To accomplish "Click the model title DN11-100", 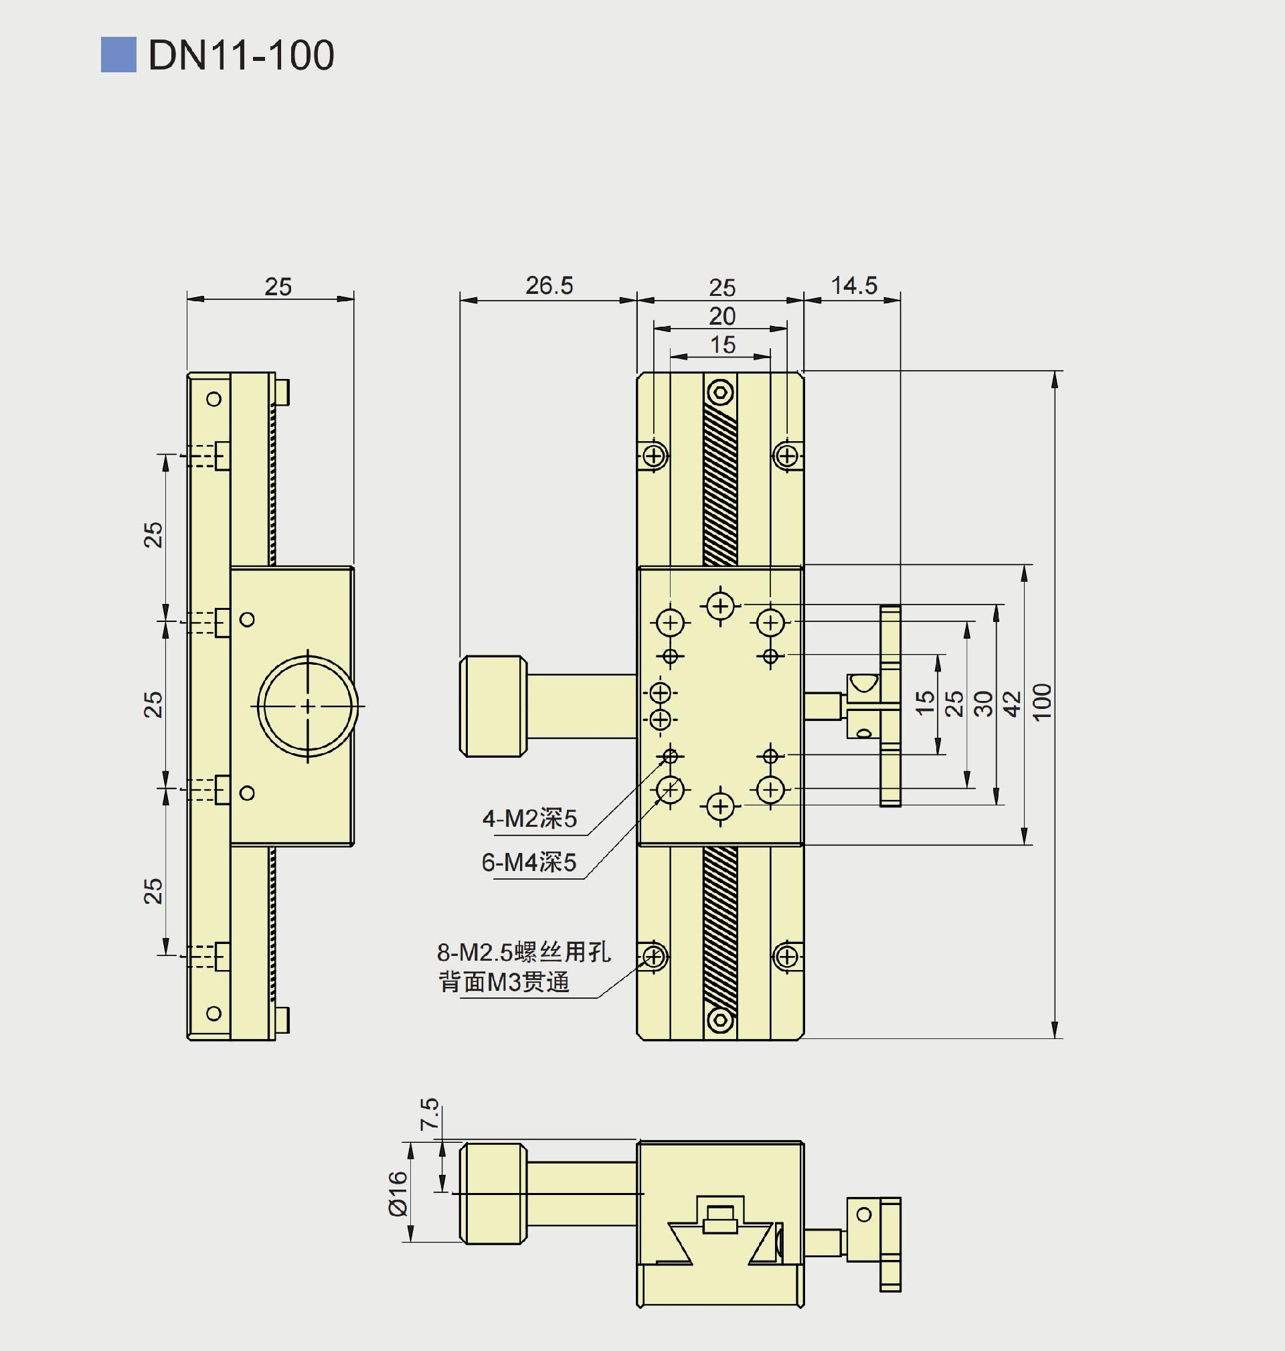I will tap(241, 55).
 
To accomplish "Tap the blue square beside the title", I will tap(118, 55).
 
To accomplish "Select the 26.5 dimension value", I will tap(549, 286).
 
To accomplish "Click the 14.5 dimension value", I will tap(853, 286).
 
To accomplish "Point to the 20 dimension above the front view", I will tap(722, 317).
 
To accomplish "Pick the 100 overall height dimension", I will tap(1042, 702).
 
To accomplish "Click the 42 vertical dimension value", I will tap(1012, 704).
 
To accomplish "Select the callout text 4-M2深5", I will tap(529, 819).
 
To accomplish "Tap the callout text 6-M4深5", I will tap(529, 862).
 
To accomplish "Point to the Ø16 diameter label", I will tap(398, 1193).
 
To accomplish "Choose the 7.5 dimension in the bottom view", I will tap(429, 1114).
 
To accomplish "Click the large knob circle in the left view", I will tap(308, 706).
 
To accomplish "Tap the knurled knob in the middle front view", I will tap(493, 706).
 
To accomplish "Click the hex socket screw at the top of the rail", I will tap(721, 393).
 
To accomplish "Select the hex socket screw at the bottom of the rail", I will tap(721, 1020).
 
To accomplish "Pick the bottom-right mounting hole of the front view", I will tap(788, 957).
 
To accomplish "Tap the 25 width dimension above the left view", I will tap(278, 287).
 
